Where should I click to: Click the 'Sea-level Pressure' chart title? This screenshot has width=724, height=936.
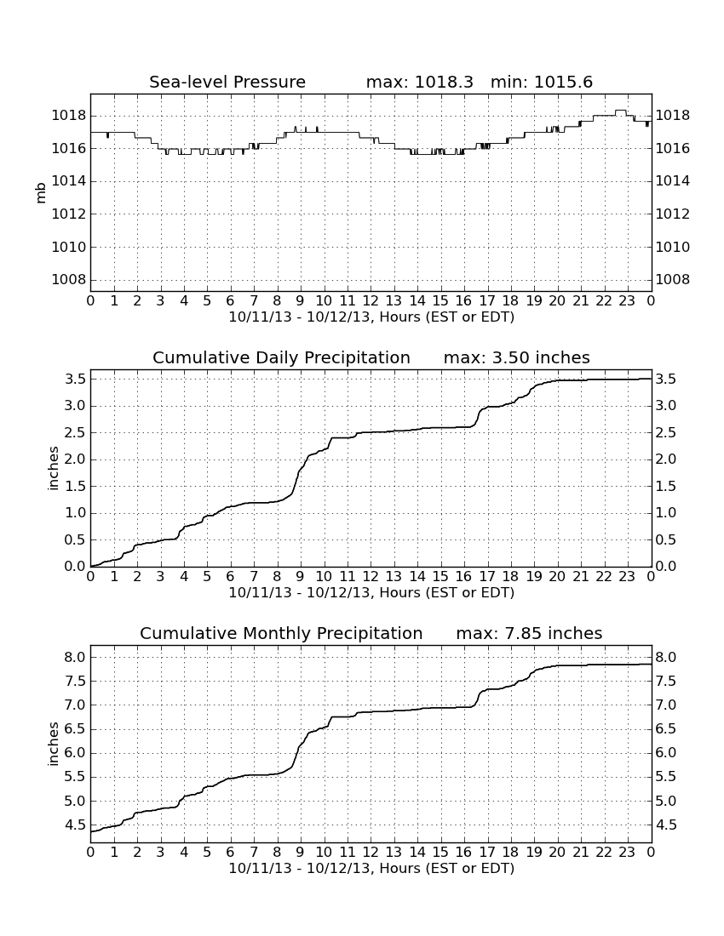click(x=227, y=82)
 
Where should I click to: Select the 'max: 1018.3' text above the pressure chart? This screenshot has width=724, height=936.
click(x=419, y=82)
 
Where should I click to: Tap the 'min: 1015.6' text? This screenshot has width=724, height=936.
click(x=541, y=82)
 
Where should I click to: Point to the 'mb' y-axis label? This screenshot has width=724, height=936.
click(x=41, y=193)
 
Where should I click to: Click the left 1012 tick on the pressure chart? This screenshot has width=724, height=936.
click(x=69, y=214)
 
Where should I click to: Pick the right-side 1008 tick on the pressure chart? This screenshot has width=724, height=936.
click(x=673, y=279)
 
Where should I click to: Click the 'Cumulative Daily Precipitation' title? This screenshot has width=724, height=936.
click(x=281, y=357)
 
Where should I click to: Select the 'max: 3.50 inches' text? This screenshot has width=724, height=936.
click(x=517, y=357)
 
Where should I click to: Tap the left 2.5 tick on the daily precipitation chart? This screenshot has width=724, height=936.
click(x=76, y=433)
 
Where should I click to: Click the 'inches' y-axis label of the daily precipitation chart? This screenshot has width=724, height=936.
click(x=53, y=469)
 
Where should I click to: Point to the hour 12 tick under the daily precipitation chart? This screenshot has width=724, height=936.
click(x=371, y=576)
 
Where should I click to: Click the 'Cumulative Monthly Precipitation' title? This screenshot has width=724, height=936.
click(x=281, y=633)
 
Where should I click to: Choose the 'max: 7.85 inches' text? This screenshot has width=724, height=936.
click(x=529, y=633)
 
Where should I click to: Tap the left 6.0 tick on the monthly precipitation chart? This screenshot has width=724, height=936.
click(x=76, y=753)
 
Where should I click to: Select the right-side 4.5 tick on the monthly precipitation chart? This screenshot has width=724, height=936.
click(x=666, y=825)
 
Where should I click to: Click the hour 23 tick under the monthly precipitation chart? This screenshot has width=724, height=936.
click(x=627, y=852)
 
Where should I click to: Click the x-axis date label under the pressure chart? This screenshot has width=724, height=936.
click(x=371, y=317)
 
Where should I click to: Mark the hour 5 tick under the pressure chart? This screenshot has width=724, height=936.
click(x=207, y=300)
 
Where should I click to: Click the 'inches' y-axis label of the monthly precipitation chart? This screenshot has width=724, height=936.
click(x=53, y=745)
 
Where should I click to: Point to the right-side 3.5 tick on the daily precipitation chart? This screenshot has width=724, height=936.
click(x=666, y=379)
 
